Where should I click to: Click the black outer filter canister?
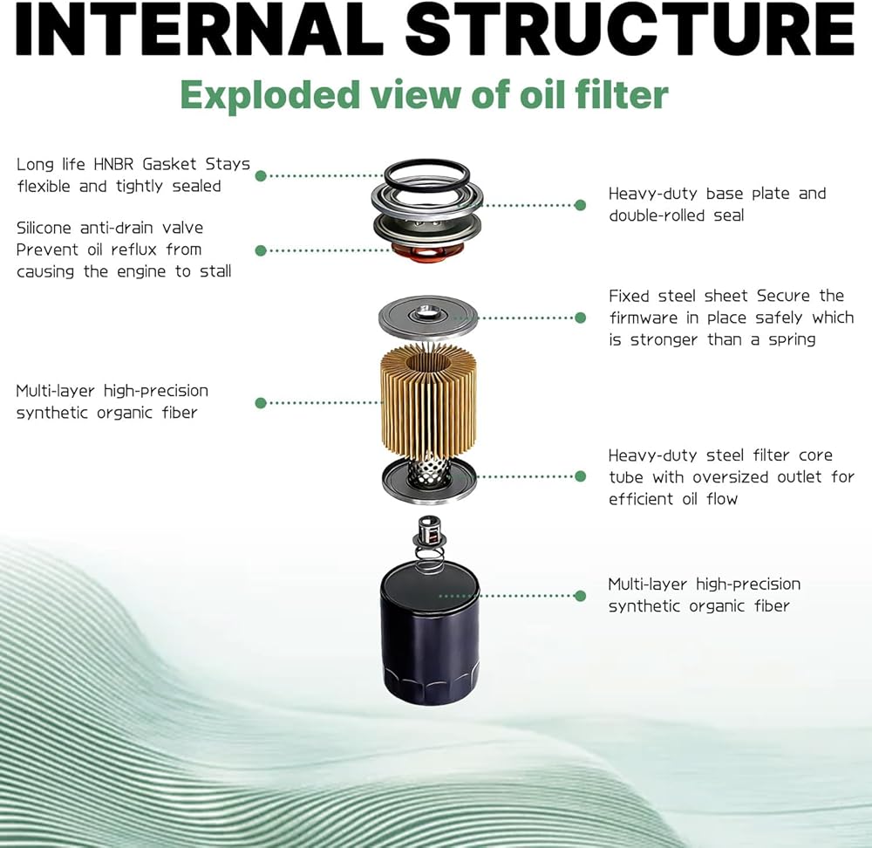[x=429, y=633]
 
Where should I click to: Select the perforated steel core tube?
[x=429, y=475]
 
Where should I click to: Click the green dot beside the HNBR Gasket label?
[x=260, y=175]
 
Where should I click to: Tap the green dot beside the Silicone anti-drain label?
[x=260, y=250]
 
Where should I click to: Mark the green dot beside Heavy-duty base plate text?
[x=580, y=205]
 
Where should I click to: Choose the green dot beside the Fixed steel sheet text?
[x=580, y=318]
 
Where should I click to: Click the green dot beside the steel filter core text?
[x=580, y=476]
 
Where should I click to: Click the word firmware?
[x=648, y=318]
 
